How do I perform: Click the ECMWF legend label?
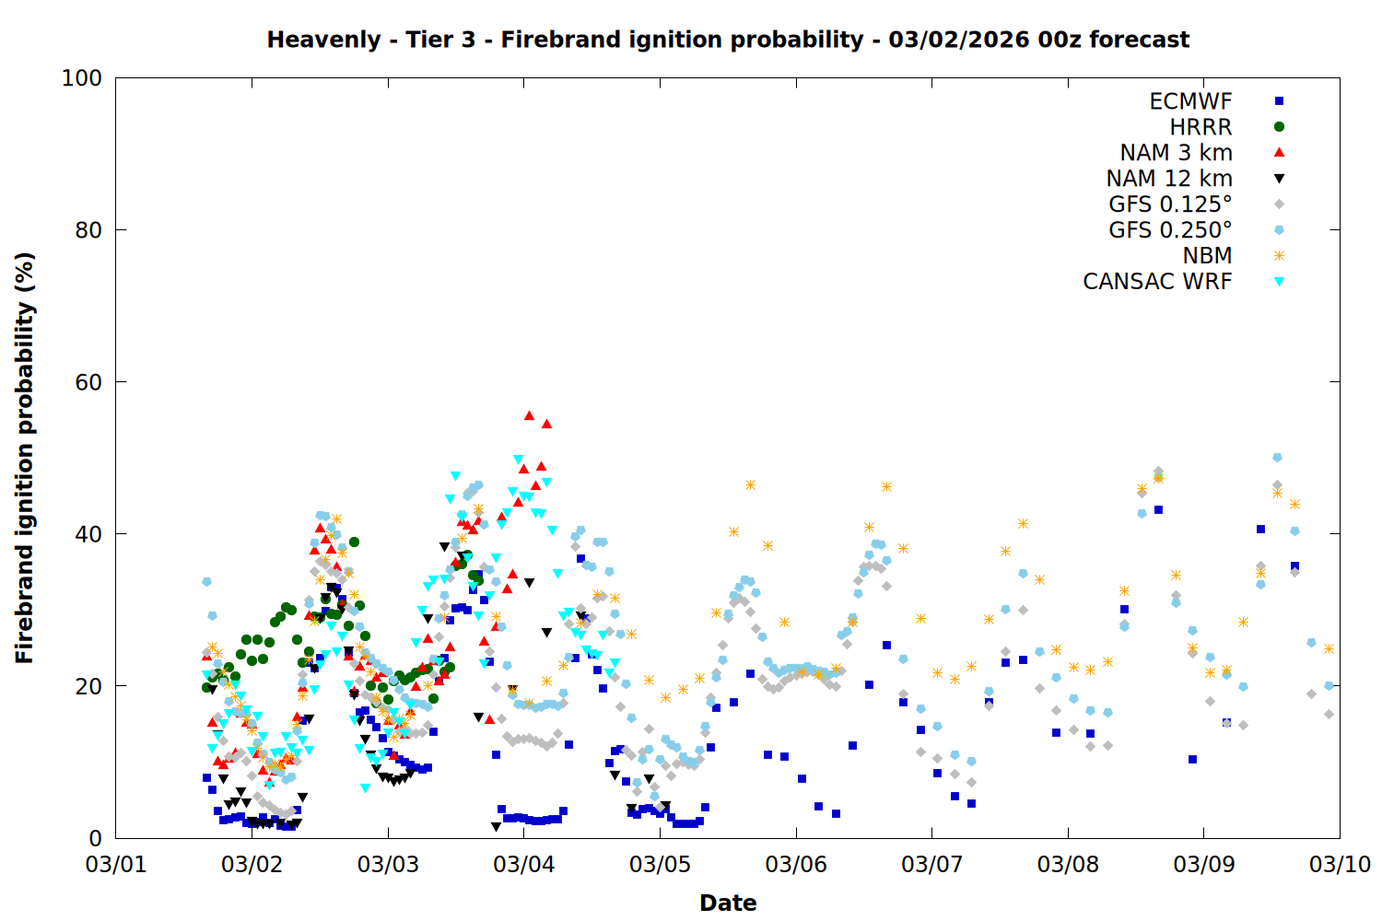1190,101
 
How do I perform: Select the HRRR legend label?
1200,127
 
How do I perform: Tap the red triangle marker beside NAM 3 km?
1279,152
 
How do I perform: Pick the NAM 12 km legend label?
1169,179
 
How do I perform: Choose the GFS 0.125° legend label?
1170,204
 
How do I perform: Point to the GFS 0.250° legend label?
1170,230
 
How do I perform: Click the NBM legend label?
1207,256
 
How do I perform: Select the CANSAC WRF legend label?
1157,282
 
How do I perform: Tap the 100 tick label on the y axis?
81,78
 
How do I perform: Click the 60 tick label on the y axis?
88,382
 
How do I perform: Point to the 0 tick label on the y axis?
95,838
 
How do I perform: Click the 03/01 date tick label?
116,865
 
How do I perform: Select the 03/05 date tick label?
660,865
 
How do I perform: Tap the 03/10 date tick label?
1340,865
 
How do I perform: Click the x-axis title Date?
728,903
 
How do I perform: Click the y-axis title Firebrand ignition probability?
25,458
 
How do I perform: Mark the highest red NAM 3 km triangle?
529,415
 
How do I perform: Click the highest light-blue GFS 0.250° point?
1277,458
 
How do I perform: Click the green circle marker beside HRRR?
1279,127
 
